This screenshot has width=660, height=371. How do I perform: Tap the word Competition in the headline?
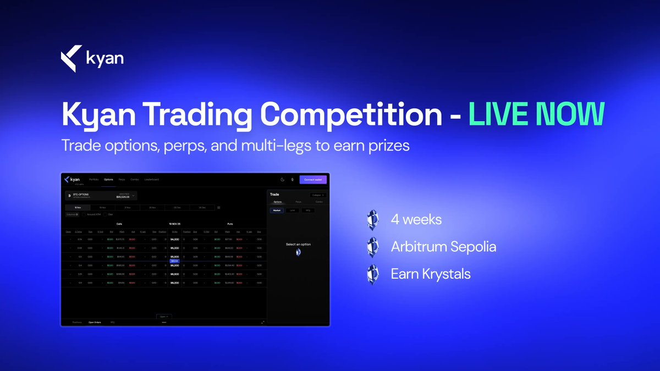(351, 114)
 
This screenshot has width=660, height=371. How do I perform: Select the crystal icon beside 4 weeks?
(373, 220)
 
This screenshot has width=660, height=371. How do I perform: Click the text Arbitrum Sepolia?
(443, 247)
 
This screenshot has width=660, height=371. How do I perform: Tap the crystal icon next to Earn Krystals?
(373, 274)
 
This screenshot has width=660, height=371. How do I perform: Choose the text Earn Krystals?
(431, 274)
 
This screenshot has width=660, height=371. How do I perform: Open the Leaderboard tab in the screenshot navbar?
(152, 180)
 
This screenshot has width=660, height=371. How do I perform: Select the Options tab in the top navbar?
(109, 180)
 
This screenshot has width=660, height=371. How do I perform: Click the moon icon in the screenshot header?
(283, 180)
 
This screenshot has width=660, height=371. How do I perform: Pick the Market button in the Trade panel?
(277, 211)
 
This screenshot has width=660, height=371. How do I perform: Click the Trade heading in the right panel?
(276, 195)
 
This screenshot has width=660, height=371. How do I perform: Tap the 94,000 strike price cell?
(174, 239)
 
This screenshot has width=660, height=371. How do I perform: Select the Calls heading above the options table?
(119, 224)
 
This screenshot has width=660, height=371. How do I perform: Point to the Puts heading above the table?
(230, 224)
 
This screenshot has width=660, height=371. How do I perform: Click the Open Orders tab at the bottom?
(95, 322)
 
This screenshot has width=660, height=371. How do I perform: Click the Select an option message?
(298, 244)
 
